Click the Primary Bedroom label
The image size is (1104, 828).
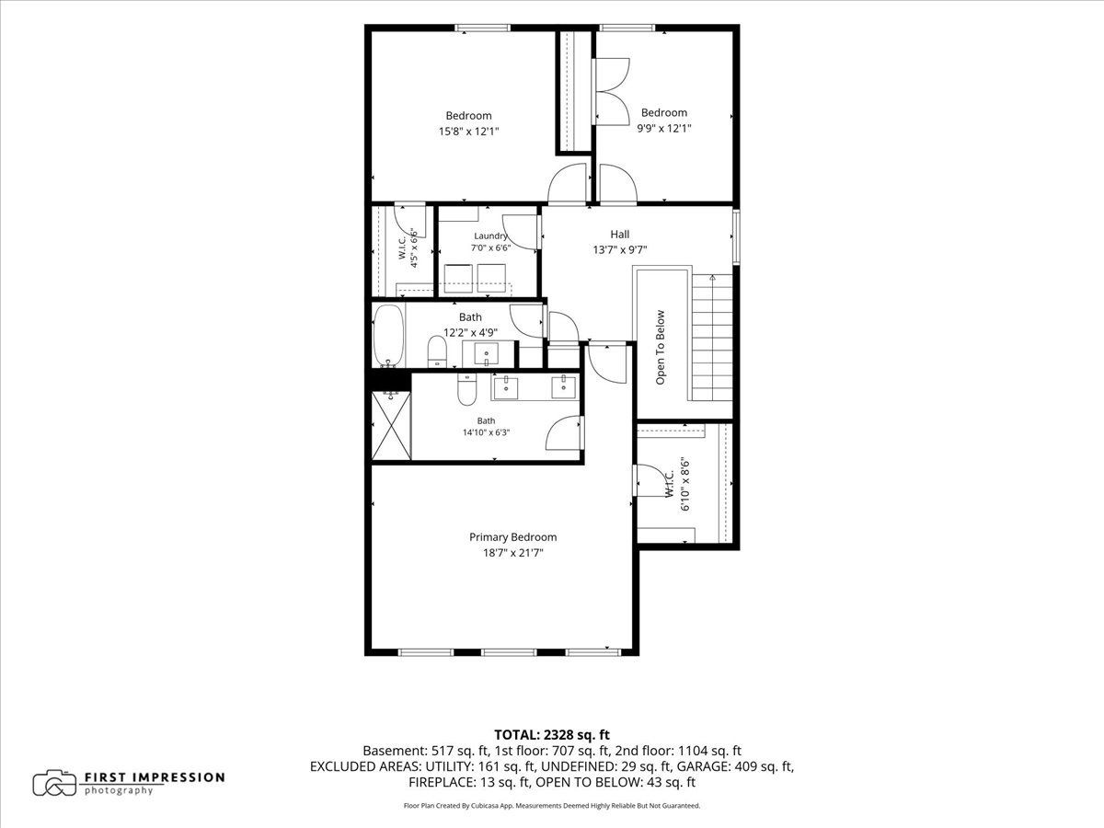(x=513, y=537)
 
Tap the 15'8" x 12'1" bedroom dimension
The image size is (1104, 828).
(x=469, y=132)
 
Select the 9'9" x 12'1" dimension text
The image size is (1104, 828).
(x=664, y=129)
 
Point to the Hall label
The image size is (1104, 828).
(x=620, y=235)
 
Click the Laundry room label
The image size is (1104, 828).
(x=490, y=236)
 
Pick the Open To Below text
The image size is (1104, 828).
(x=661, y=348)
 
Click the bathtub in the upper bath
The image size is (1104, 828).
(x=388, y=336)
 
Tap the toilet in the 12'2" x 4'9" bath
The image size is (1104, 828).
(x=437, y=351)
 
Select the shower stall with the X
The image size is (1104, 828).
(x=391, y=425)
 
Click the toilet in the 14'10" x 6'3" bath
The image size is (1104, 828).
(x=466, y=389)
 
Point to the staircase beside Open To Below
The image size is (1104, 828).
(x=712, y=338)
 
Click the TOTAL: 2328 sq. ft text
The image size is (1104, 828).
(x=552, y=735)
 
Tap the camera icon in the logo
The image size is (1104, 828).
(x=54, y=783)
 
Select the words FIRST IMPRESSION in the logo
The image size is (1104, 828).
(x=155, y=777)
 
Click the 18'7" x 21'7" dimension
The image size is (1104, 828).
(x=513, y=553)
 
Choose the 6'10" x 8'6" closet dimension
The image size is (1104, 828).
(x=685, y=484)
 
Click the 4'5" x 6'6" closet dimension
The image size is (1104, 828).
(x=414, y=248)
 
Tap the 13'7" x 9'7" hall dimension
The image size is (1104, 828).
(x=620, y=250)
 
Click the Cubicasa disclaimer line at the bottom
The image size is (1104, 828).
(x=552, y=806)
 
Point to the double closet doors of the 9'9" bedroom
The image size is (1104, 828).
(x=611, y=91)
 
